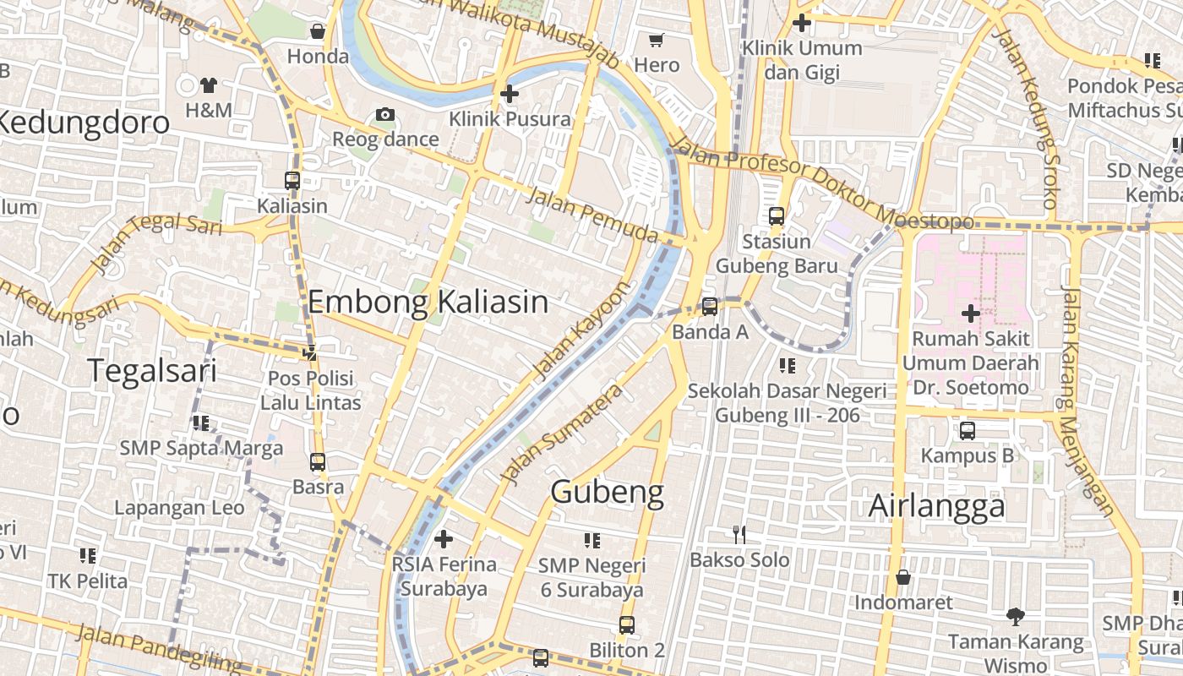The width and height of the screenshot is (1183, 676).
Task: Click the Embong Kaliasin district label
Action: pos(428,302)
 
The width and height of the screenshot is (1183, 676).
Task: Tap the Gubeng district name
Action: pos(607,491)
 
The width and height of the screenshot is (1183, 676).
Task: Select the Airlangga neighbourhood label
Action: pos(937,506)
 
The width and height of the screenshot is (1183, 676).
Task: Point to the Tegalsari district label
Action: pos(152,370)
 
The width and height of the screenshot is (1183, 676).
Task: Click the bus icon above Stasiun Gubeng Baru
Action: pos(777,216)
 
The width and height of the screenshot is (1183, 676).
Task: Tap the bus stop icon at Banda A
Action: pos(710,306)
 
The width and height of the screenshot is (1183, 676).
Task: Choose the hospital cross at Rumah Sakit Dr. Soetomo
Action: pos(970,313)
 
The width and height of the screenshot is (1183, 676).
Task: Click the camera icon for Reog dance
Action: pos(385,114)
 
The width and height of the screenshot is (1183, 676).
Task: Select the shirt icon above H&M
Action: pos(208,84)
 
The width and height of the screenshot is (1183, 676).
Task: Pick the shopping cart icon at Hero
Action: pos(657,40)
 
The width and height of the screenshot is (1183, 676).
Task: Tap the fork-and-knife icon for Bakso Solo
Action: pos(739,534)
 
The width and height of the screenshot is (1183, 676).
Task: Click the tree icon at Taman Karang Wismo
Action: pos(1015,616)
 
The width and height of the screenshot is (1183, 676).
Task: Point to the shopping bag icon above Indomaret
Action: pos(903,577)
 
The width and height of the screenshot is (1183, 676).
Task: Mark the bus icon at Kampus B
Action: pos(968,430)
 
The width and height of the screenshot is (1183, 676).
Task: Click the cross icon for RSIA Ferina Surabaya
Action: pos(444,538)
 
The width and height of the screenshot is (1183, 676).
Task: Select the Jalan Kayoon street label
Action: pos(582,330)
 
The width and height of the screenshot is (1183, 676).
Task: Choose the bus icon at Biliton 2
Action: pos(627,624)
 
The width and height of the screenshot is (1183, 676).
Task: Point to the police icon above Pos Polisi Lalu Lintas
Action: pos(311,352)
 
